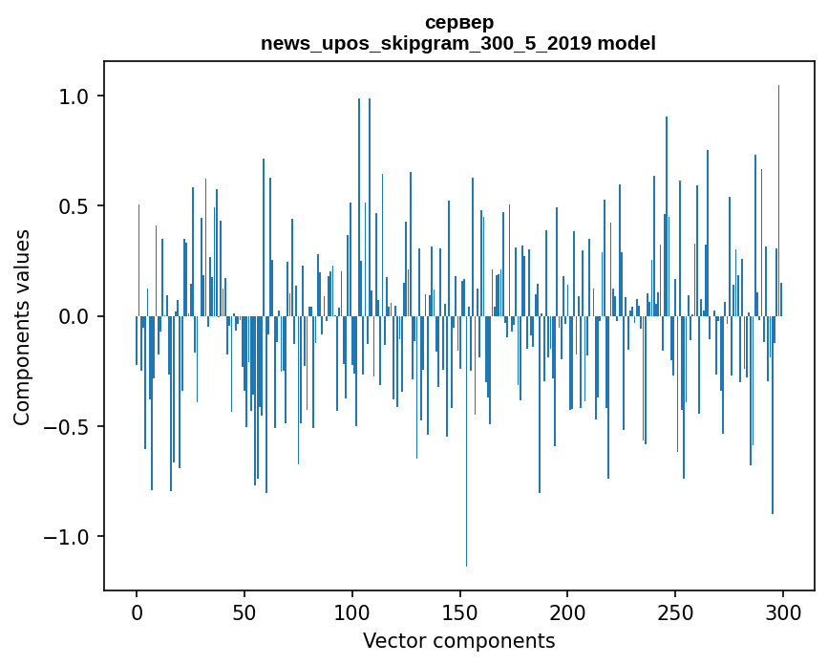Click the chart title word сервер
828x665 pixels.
click(458, 22)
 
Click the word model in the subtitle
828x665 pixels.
click(626, 43)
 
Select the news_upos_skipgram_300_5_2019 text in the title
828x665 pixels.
click(426, 43)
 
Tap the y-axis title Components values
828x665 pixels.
click(22, 328)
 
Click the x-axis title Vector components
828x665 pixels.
click(458, 640)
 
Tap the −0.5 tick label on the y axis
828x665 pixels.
click(68, 426)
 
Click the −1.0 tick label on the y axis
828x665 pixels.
click(68, 536)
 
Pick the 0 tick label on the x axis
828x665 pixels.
click(137, 611)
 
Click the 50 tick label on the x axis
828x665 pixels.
click(244, 611)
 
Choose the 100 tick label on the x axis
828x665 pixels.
click(352, 611)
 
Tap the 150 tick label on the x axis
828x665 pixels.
click(460, 611)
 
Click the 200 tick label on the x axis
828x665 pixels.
click(567, 611)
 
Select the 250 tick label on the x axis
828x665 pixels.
click(675, 611)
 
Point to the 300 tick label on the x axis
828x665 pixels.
click(783, 611)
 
